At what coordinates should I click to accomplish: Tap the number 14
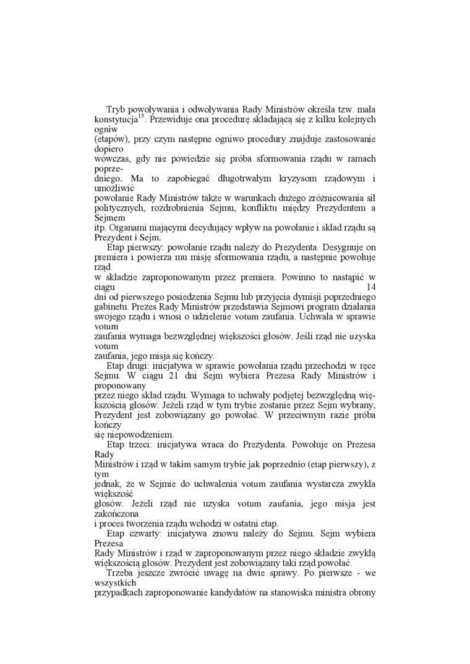[371, 287]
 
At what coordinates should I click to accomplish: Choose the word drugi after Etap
[142, 366]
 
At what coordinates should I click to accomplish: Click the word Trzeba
[121, 574]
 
